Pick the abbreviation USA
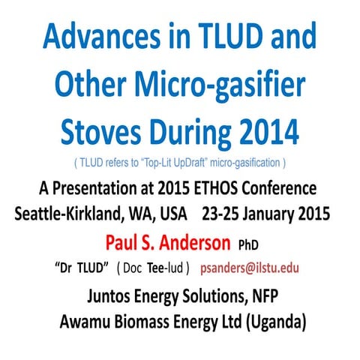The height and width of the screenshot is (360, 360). (x=172, y=212)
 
